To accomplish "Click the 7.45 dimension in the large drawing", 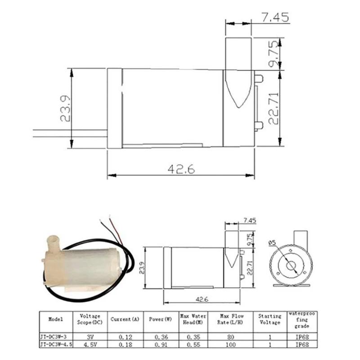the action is click(x=275, y=18).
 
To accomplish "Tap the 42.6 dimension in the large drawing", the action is click(x=181, y=169).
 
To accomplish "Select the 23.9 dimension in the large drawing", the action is click(x=65, y=108).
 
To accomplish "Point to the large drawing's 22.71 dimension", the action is click(x=274, y=108).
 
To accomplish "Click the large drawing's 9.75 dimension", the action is click(x=274, y=54).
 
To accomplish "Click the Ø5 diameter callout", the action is click(x=273, y=243).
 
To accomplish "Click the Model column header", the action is click(x=55, y=319).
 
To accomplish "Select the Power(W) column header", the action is click(x=161, y=319).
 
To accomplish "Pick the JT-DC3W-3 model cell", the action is click(x=53, y=337).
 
